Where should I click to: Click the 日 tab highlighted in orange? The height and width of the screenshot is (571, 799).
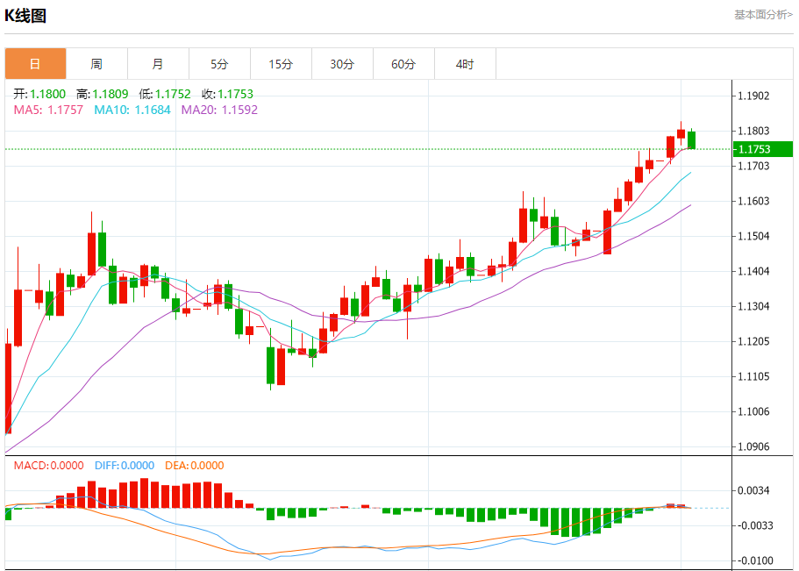click(x=35, y=64)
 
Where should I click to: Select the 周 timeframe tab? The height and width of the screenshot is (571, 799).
click(x=96, y=64)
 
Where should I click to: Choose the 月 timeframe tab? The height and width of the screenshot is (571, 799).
click(x=158, y=64)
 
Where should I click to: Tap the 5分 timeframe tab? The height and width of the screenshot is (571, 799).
click(x=219, y=64)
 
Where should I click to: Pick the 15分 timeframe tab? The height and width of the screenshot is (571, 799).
click(x=281, y=64)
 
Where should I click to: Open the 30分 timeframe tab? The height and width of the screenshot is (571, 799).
click(x=342, y=64)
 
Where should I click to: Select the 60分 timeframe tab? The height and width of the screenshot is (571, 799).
click(x=403, y=64)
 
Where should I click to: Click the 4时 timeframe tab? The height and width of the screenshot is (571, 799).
click(x=465, y=64)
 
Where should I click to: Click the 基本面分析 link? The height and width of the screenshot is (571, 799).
click(x=763, y=15)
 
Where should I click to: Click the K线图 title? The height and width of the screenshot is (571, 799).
click(x=25, y=16)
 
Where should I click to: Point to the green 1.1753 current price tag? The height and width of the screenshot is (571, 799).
click(x=762, y=149)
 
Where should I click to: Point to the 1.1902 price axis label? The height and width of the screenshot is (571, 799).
click(x=753, y=96)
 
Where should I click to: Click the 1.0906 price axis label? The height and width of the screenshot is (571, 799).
click(x=753, y=446)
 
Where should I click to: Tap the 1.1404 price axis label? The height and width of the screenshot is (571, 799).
click(x=753, y=271)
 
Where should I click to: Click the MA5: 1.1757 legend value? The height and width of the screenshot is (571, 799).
click(x=48, y=110)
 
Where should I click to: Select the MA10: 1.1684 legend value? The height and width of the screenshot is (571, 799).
click(x=132, y=110)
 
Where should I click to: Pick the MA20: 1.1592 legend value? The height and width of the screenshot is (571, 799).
click(x=219, y=110)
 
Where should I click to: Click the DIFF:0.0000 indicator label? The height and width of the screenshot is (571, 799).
click(x=125, y=466)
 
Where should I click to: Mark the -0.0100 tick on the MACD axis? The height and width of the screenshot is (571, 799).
click(x=753, y=560)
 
